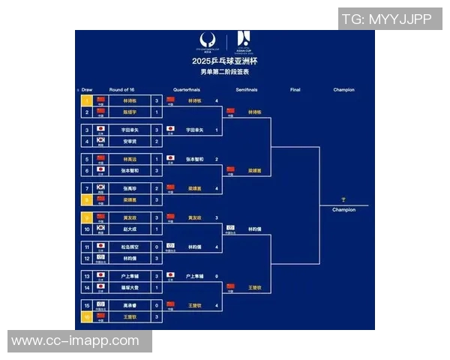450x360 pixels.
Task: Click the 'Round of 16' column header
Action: tap(121, 89)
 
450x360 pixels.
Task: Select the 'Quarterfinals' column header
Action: tap(186, 89)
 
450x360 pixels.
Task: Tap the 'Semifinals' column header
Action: tap(247, 89)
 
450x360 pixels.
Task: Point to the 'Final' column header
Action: tap(295, 89)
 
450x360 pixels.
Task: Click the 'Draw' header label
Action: tap(87, 89)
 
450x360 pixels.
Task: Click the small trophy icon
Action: tap(343, 199)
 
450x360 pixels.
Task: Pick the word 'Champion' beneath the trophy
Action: tap(344, 210)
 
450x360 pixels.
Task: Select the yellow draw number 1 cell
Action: tap(86, 100)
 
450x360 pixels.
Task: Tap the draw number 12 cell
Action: tap(86, 258)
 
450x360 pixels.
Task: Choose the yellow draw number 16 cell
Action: tap(86, 317)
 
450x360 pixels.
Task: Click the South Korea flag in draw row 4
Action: tap(100, 140)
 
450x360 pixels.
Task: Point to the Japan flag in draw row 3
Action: tap(100, 129)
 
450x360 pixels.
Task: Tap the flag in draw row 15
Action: tap(100, 305)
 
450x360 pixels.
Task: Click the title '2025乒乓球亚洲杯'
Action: tap(224, 60)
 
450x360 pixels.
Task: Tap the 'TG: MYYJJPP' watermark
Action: tap(386, 19)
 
